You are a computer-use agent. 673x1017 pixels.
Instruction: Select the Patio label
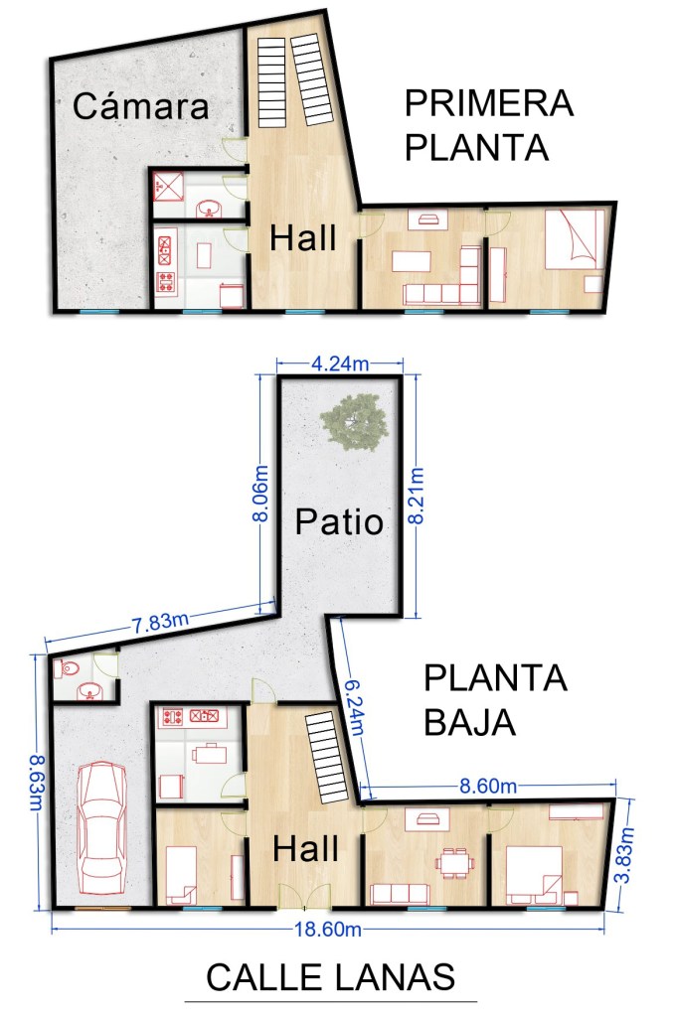[x=339, y=521]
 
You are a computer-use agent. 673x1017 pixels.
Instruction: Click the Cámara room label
[x=141, y=105]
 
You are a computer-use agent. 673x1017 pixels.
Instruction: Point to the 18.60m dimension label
[x=328, y=929]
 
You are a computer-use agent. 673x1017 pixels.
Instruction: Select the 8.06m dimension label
[x=260, y=493]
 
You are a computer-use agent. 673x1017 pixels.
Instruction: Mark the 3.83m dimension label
[x=625, y=855]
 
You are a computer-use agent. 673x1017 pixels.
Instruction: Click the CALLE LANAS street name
[x=331, y=977]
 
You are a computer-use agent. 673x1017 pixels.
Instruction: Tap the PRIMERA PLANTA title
[x=489, y=125]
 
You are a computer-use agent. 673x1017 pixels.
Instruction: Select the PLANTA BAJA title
[x=495, y=700]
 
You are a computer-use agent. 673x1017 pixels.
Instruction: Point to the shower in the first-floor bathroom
[x=168, y=187]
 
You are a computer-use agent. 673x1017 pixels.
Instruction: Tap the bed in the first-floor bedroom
[x=572, y=239]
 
